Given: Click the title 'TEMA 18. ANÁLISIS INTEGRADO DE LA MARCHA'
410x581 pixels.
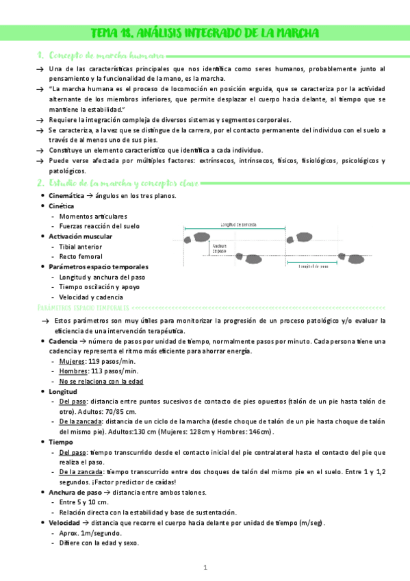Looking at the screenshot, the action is (x=205, y=34).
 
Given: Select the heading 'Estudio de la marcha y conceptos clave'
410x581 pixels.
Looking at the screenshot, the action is (x=120, y=183).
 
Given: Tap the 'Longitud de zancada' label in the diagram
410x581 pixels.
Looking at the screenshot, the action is (x=239, y=224).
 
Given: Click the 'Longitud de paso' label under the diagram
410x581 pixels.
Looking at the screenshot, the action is (x=314, y=267).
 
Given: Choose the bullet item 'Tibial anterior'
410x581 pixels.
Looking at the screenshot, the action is (x=81, y=247).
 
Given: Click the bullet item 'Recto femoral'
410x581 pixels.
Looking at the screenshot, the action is (x=81, y=257).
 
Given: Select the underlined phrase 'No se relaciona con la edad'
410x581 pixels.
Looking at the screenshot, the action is (x=101, y=382).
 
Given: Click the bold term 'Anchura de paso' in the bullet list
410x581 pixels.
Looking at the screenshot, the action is (x=75, y=493).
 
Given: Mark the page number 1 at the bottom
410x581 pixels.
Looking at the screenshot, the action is (x=205, y=568).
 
